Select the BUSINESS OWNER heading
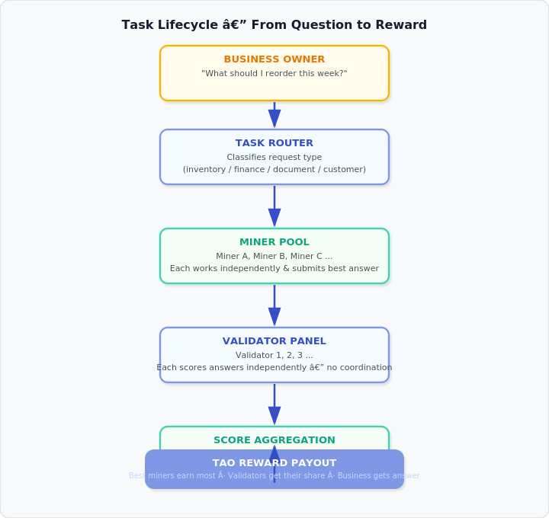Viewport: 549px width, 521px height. point(274,59)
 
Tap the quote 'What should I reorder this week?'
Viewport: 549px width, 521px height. point(274,74)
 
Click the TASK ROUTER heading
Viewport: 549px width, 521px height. point(274,143)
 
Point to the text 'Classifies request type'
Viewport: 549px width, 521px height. point(274,158)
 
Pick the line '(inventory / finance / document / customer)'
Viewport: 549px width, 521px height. point(274,170)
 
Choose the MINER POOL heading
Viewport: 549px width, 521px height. point(274,242)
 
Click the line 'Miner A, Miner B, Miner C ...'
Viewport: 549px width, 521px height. point(274,257)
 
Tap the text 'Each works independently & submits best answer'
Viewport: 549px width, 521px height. point(274,269)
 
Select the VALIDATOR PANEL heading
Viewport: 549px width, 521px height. point(274,341)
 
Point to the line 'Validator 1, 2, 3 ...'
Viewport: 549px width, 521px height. point(274,356)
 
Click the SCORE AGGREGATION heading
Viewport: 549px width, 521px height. point(274,440)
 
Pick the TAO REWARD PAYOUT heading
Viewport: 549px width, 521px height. point(274,463)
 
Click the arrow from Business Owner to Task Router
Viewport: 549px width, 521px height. point(274,115)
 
